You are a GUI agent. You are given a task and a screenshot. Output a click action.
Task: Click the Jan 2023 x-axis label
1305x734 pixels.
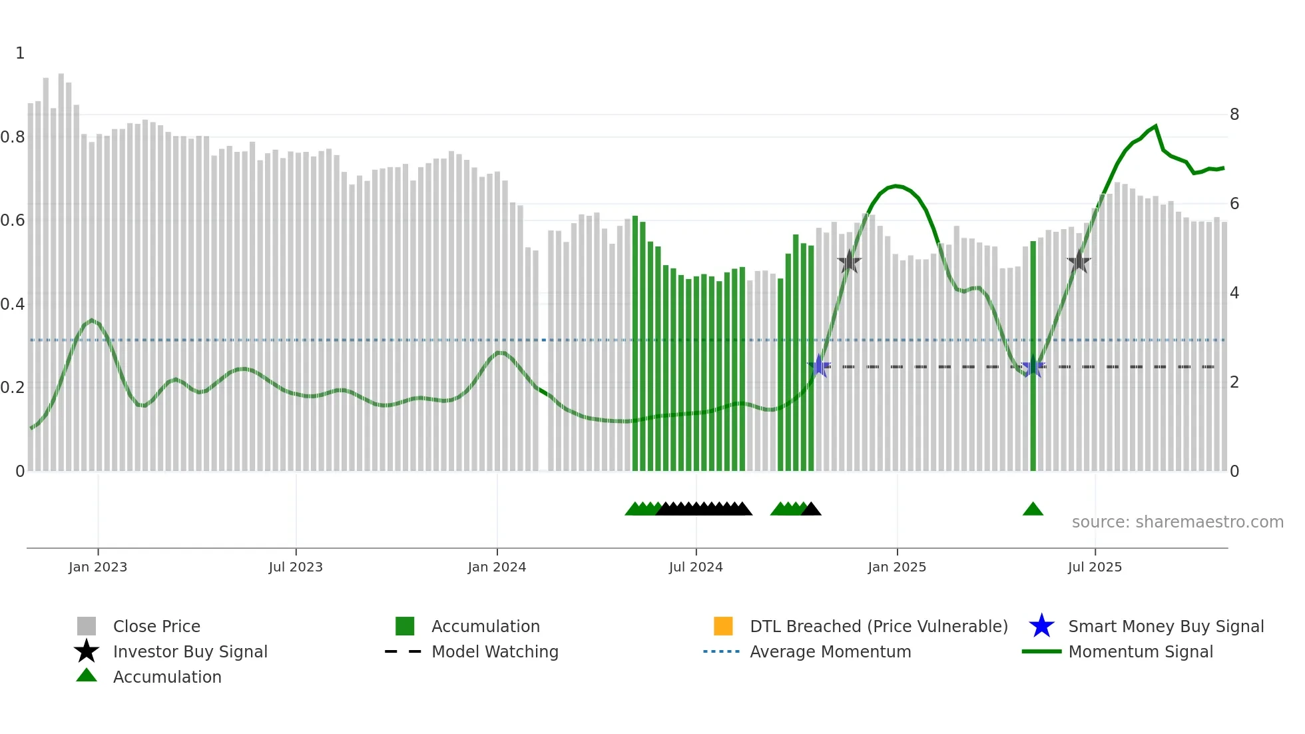(97, 567)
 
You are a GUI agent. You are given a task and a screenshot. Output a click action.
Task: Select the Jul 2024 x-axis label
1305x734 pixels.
(696, 567)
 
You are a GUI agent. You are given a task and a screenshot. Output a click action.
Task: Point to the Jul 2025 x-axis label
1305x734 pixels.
(1095, 567)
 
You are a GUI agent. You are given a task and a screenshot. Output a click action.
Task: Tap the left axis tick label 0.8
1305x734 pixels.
(13, 137)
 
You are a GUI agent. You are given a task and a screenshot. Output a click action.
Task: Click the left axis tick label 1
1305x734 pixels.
(20, 53)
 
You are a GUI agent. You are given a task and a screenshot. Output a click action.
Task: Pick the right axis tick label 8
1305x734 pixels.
(1234, 115)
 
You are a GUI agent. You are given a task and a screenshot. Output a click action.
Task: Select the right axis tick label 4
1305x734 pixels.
(1234, 293)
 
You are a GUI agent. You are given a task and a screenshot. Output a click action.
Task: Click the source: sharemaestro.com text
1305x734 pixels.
(1177, 522)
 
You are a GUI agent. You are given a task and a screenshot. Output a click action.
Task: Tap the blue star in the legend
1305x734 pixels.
(1041, 626)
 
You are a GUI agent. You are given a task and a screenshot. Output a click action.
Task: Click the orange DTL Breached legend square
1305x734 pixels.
(723, 626)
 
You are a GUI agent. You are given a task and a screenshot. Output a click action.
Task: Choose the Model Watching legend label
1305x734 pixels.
(495, 651)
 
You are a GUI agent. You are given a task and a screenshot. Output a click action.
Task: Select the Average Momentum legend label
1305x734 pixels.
(830, 651)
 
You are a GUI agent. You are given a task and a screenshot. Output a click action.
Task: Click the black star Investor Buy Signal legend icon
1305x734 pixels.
(87, 651)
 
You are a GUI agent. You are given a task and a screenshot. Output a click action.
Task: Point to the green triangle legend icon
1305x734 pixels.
(87, 675)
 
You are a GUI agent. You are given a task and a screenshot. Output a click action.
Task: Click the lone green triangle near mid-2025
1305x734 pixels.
(1033, 510)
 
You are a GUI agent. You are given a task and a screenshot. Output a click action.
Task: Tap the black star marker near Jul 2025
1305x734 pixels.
(1079, 262)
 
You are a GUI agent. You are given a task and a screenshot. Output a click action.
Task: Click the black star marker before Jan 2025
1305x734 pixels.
(849, 262)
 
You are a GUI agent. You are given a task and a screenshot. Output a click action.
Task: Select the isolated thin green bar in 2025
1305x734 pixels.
(1033, 360)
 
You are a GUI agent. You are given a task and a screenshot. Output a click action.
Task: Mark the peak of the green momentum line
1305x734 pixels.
(1155, 126)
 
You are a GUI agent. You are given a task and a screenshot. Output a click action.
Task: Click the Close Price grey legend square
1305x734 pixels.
(87, 626)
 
